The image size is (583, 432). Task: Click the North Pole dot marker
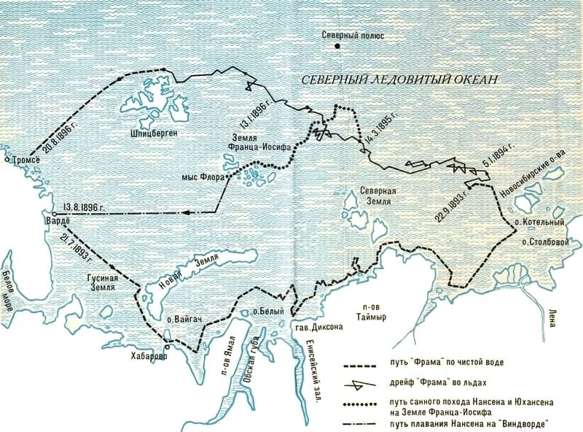[x=338, y=47]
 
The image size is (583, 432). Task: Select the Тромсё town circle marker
[x=7, y=158]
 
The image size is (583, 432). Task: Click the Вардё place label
[x=56, y=222]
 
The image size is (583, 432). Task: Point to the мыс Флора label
[x=202, y=177]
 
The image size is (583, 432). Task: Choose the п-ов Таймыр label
[x=366, y=312]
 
